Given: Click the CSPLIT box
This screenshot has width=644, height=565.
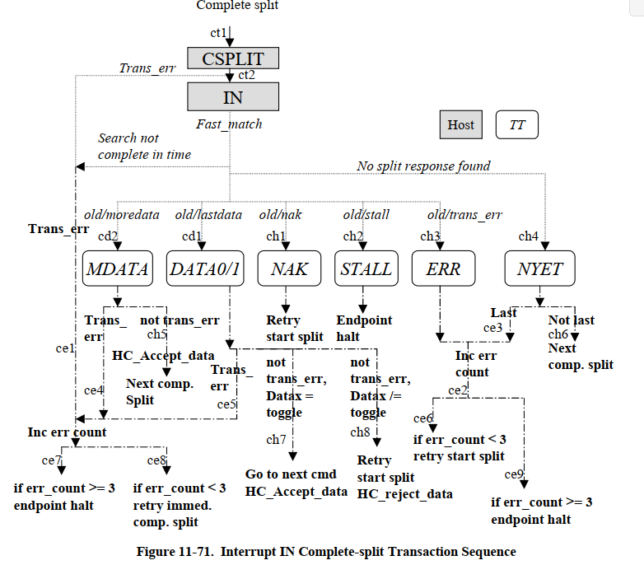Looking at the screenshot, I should pos(233,58).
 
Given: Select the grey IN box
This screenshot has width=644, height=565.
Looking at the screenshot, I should pos(233,96).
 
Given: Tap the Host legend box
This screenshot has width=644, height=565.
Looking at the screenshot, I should pos(460,125).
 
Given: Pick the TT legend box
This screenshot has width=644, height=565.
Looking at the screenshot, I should pos(517,125).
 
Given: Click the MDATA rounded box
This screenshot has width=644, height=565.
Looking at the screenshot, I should pos(118,269).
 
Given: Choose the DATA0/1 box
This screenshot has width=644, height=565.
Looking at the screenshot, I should pos(204,269).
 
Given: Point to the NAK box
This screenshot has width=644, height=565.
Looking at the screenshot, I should pos(289,269).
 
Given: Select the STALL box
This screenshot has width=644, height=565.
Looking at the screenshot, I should pos(366,269).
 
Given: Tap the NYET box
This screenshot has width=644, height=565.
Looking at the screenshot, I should pos(539,269).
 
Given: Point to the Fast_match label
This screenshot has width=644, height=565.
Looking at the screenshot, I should pos(229,124).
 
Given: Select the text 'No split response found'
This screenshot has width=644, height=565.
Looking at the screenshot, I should pos(423,166).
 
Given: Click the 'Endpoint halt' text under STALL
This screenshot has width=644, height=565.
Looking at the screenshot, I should pos(364,328).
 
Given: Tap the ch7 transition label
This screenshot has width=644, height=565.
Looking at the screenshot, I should pos(276,439).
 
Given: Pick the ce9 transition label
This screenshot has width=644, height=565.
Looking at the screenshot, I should pos(514,474).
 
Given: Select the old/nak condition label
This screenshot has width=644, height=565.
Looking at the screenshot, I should pos(280,215).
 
